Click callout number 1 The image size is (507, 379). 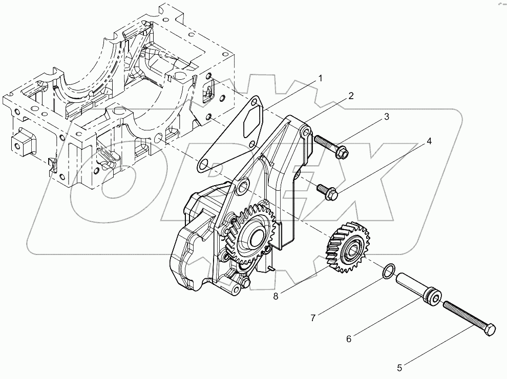click(320, 79)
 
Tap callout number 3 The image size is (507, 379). click(386, 117)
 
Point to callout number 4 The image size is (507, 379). click(429, 141)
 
